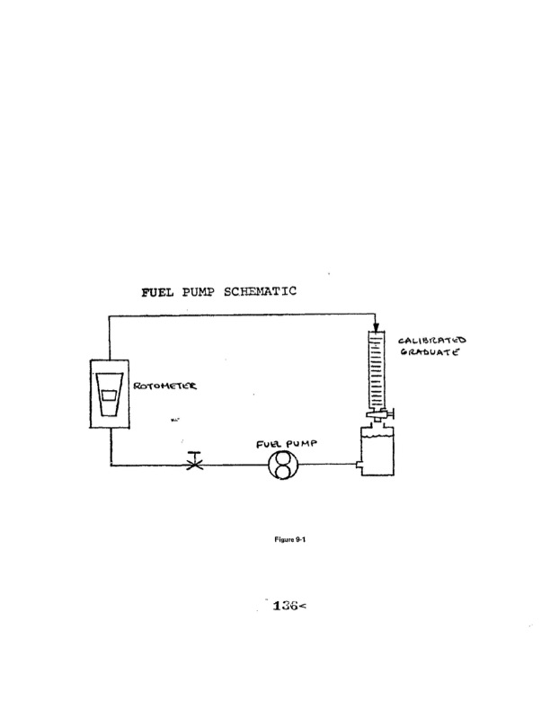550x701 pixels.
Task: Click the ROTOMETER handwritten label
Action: (x=167, y=387)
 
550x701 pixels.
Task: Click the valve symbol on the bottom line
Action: (x=192, y=466)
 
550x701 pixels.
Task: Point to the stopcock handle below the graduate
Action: (x=392, y=414)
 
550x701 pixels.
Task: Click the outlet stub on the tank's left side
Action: (x=357, y=466)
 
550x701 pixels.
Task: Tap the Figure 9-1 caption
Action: (x=274, y=543)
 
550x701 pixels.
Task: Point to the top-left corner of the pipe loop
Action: (x=110, y=315)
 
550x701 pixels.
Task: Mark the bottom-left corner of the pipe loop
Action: (x=110, y=466)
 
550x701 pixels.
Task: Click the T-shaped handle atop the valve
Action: (x=192, y=457)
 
